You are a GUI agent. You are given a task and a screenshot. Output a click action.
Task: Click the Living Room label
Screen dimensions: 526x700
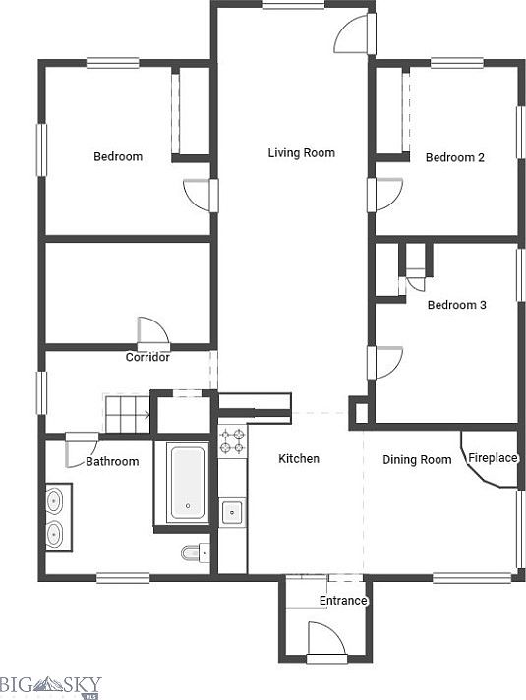(302, 153)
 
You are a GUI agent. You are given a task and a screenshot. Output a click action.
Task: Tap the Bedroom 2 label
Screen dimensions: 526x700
(454, 157)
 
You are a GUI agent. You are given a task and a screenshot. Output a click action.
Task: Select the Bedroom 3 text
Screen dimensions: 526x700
(457, 305)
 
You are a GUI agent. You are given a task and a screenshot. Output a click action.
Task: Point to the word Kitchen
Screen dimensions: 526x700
(299, 458)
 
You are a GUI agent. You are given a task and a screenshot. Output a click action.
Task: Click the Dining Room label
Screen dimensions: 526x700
(417, 460)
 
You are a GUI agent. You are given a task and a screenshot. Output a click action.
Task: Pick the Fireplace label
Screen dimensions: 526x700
(493, 458)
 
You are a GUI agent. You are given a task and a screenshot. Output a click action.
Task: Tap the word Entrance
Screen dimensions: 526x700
(343, 601)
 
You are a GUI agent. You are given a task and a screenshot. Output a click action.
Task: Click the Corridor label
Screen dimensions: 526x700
(147, 357)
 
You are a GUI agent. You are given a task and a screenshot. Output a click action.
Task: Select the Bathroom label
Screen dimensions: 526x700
(112, 462)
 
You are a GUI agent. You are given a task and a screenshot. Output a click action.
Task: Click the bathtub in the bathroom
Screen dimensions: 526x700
(188, 484)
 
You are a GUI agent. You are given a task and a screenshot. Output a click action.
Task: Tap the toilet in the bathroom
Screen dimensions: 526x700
(195, 554)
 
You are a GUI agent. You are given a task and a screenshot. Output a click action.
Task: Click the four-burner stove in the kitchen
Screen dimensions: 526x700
(232, 440)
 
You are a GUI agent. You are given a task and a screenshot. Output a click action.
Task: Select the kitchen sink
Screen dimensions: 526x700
(232, 512)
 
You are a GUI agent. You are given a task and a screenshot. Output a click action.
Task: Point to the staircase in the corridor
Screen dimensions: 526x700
(127, 413)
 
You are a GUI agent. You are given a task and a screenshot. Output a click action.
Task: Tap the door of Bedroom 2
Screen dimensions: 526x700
(385, 195)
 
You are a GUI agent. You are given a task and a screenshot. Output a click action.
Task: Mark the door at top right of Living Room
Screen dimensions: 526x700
(355, 34)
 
